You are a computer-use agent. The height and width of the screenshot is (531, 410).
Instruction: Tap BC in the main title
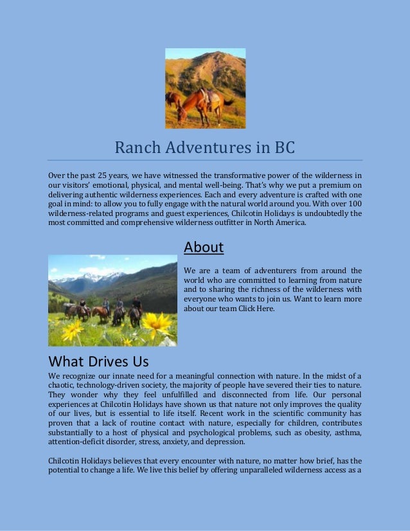tap(282, 148)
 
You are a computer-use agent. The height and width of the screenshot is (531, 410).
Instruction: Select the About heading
tap(203, 248)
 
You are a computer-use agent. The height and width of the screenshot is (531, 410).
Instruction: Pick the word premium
tap(328, 185)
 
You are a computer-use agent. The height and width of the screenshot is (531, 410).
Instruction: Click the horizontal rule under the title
tap(205, 160)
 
